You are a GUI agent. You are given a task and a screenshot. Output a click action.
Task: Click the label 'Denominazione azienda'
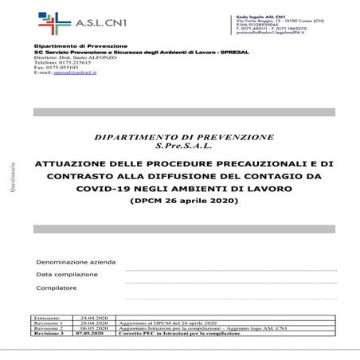[x=75, y=261]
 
